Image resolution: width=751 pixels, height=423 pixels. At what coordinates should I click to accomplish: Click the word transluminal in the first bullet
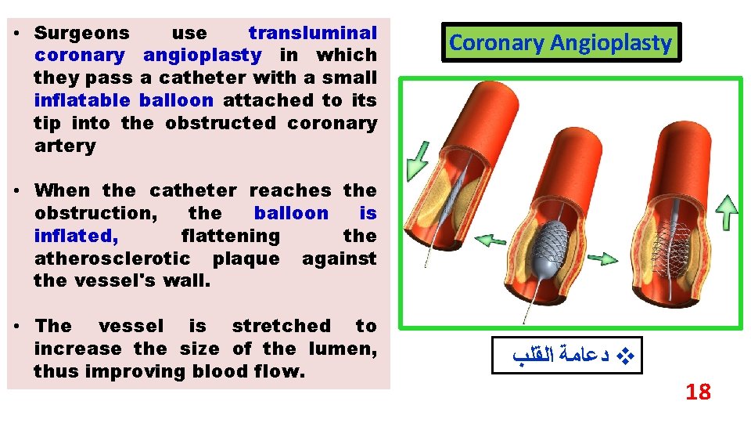[312, 33]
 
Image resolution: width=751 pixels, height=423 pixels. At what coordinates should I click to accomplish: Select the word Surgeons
[82, 33]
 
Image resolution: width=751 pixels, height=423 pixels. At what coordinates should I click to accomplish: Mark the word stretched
[281, 326]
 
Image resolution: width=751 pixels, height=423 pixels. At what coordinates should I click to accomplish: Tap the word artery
[65, 146]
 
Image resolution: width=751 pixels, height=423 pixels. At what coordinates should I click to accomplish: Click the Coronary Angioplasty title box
[560, 43]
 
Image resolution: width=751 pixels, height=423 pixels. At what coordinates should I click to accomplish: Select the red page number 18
[697, 392]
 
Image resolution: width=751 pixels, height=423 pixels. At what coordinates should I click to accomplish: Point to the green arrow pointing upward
[727, 213]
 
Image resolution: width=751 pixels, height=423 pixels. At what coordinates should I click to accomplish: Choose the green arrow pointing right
[601, 256]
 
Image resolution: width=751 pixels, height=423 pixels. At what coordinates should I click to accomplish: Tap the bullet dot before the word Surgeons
[16, 33]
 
